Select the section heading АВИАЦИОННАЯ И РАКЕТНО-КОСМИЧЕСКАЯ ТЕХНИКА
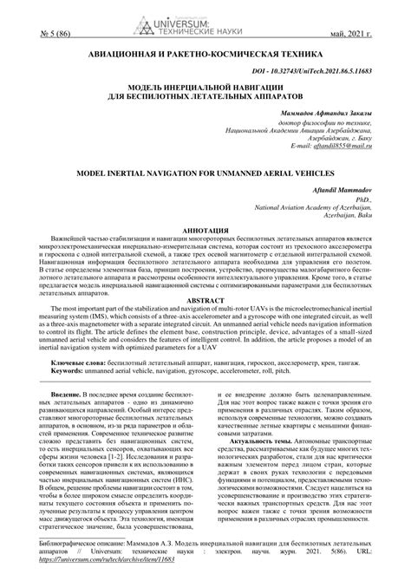205,54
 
